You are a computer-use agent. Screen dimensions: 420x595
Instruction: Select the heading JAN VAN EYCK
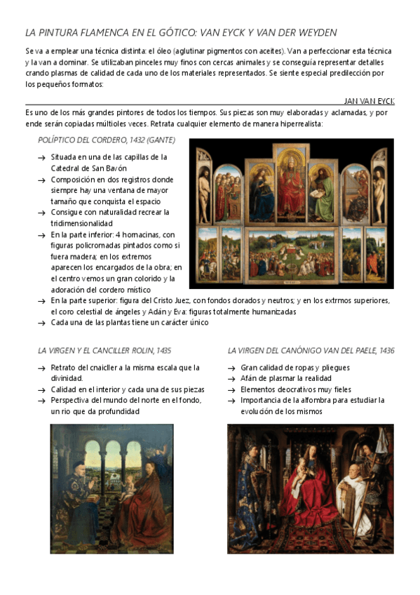click(x=370, y=101)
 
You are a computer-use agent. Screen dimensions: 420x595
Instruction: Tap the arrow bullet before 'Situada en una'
click(x=42, y=157)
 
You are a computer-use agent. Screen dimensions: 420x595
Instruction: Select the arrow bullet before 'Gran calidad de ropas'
click(x=232, y=368)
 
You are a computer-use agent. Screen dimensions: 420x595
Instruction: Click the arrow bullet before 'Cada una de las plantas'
click(x=42, y=323)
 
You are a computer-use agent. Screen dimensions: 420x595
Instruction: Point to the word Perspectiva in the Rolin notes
click(x=74, y=400)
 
